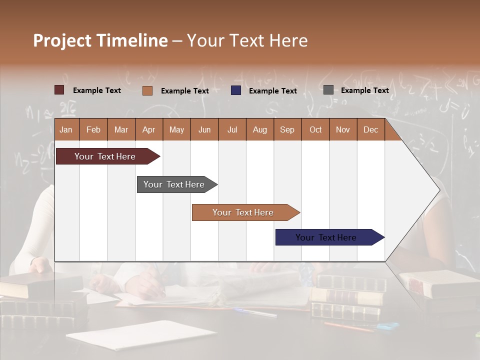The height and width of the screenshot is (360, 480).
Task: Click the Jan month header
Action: [x=66, y=129]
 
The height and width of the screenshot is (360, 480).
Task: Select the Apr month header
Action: [x=148, y=129]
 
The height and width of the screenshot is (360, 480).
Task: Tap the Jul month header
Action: [x=232, y=129]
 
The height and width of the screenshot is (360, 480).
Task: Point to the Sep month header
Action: [x=287, y=129]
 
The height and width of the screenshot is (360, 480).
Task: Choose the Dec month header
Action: [x=370, y=129]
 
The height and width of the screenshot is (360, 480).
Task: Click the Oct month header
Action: [x=315, y=129]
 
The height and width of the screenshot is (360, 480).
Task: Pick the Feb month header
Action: [x=93, y=129]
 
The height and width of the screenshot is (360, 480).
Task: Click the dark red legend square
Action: [x=59, y=90]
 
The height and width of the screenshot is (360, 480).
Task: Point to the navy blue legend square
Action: [x=236, y=90]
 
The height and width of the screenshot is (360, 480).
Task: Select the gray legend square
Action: [x=328, y=90]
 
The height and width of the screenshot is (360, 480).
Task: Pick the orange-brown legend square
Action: [x=147, y=90]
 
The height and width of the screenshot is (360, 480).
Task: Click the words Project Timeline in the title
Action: [x=100, y=40]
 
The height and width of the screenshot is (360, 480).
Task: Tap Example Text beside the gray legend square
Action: [x=364, y=90]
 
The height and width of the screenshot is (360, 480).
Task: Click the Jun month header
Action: [x=204, y=129]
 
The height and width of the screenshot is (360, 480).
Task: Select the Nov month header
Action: [x=342, y=129]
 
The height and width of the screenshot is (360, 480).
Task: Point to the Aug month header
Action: [x=259, y=129]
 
